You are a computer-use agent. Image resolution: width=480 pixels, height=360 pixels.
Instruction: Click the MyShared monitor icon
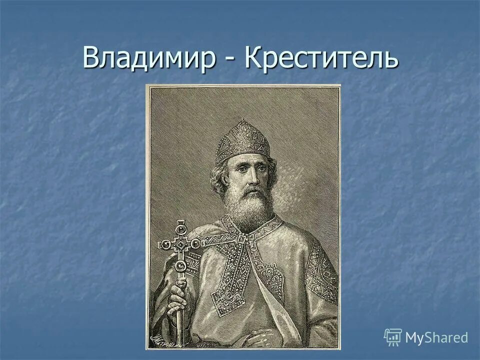[x=392, y=337]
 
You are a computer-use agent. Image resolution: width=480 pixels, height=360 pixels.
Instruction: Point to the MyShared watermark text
[x=436, y=337]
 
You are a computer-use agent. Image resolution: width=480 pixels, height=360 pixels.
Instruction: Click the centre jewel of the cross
[x=179, y=244]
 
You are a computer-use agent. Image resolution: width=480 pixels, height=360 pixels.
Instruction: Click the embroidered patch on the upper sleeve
[x=320, y=272]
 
